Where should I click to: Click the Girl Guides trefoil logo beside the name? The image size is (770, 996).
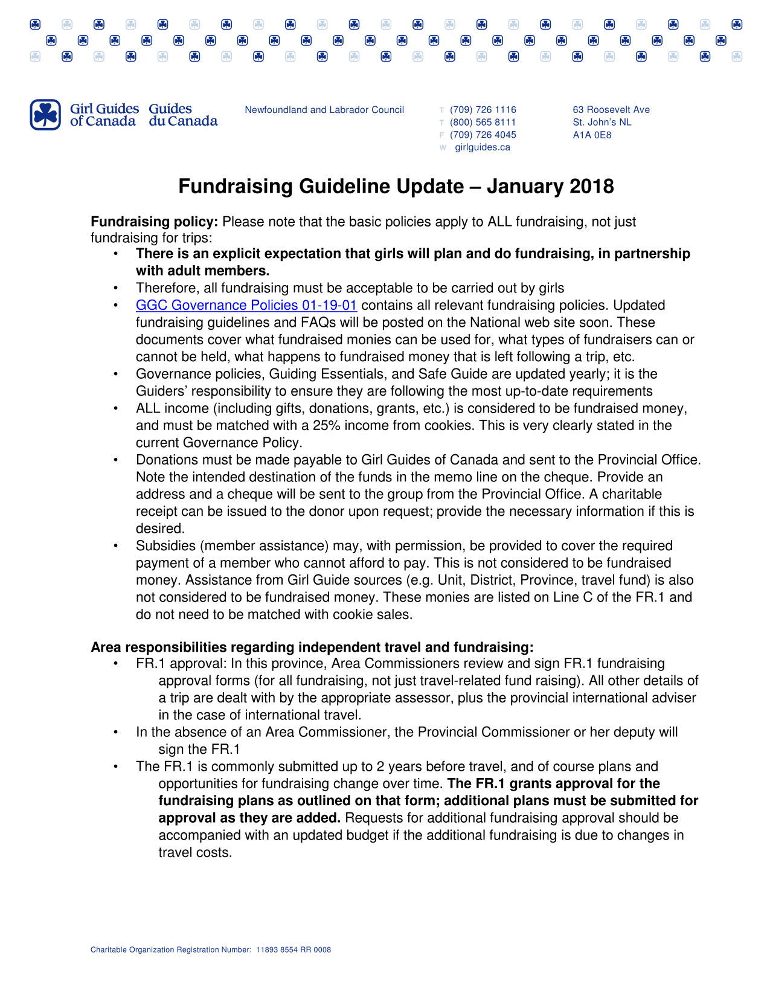(x=45, y=115)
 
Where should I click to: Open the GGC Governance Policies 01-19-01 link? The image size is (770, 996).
(x=246, y=306)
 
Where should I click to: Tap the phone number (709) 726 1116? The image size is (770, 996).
(x=483, y=110)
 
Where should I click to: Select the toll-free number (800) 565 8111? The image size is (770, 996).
(x=483, y=123)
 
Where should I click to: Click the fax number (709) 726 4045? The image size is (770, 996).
(x=483, y=135)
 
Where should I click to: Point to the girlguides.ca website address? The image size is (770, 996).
(x=482, y=148)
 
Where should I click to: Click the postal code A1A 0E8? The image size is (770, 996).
(x=592, y=135)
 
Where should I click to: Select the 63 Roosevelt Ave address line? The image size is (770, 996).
(x=611, y=110)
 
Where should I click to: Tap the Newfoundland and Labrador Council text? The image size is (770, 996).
(x=324, y=110)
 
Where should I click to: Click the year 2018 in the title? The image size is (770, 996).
(x=591, y=187)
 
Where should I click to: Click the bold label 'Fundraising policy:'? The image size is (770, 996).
(x=154, y=222)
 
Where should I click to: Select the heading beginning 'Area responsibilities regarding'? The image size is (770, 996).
(x=312, y=647)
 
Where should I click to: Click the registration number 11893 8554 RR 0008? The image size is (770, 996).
(x=294, y=950)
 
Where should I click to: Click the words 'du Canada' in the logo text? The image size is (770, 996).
(x=183, y=121)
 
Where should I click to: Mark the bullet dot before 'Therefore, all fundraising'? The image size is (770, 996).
(x=115, y=289)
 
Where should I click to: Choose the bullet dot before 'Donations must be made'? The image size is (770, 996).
(x=115, y=460)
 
